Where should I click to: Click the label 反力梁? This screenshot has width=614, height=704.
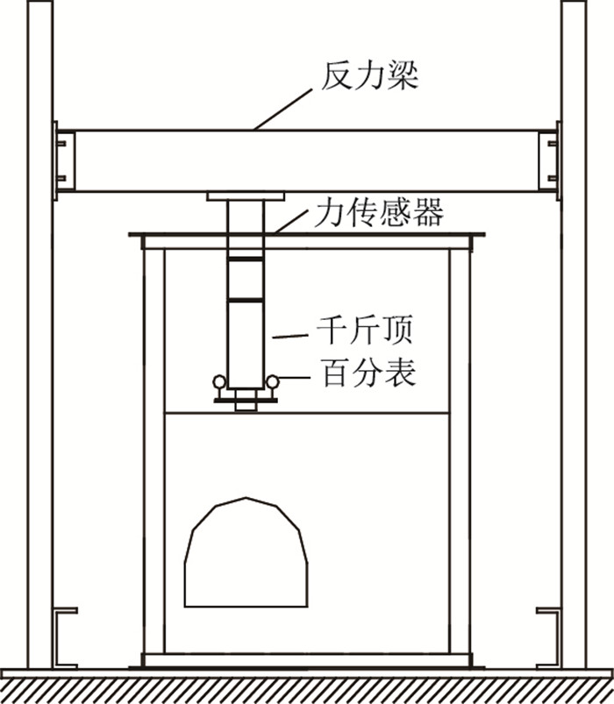point(368,77)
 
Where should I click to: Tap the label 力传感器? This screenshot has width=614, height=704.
point(378,212)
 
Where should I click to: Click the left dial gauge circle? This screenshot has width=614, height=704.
point(218,381)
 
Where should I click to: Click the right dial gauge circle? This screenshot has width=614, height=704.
point(273,381)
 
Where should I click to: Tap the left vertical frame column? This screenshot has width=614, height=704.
point(39,351)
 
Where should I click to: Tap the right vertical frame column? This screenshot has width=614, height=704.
point(574,351)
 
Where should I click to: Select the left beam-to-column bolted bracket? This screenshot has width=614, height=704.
point(61,160)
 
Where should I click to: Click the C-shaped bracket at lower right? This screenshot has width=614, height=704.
point(548,636)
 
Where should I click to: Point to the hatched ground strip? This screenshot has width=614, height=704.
point(307,689)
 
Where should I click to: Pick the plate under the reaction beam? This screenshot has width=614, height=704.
point(246,196)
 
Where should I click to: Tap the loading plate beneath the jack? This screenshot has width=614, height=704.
point(246,400)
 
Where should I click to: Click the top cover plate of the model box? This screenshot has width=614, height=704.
point(307,234)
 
